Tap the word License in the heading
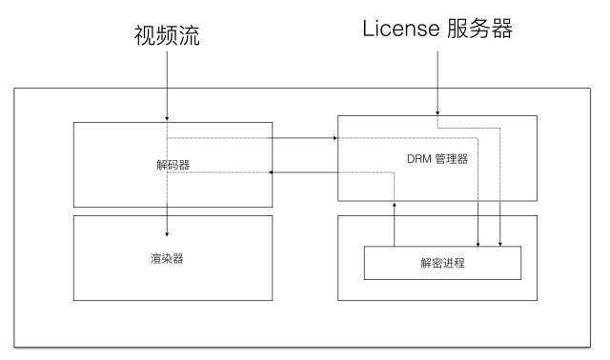click(400, 30)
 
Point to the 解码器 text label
click(173, 165)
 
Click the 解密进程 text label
click(442, 262)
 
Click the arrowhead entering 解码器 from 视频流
click(167, 118)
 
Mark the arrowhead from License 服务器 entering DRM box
click(437, 111)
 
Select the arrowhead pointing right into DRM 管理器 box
click(335, 138)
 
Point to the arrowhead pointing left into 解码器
click(274, 172)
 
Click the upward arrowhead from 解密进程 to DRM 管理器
click(395, 205)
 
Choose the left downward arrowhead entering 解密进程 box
click(478, 242)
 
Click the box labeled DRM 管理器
click(381, 181)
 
